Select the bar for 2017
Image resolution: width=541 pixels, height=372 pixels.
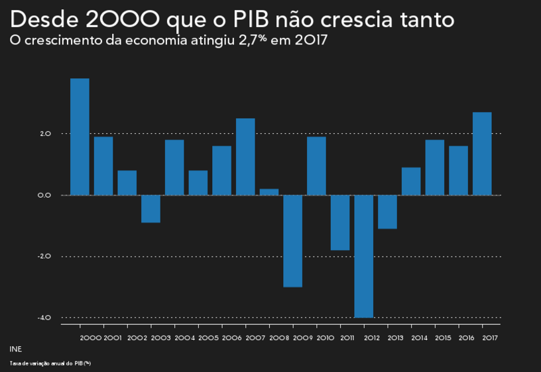[x=482, y=153]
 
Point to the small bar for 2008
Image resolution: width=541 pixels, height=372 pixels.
[x=269, y=192]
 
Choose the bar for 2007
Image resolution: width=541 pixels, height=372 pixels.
[x=245, y=156]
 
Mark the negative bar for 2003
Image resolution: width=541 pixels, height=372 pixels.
[x=150, y=208]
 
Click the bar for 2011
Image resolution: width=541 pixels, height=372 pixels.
[x=340, y=222]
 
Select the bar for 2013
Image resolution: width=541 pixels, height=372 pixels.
[x=387, y=212]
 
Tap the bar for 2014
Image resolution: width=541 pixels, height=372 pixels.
[x=411, y=181]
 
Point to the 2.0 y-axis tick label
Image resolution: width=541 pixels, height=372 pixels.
[x=45, y=134]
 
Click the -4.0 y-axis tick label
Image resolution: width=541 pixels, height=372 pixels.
[x=44, y=318]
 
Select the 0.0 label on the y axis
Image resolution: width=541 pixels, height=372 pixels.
[x=45, y=195]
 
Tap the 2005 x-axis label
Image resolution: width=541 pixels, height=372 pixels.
[x=208, y=338]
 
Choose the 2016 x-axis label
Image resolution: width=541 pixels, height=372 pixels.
[x=467, y=338]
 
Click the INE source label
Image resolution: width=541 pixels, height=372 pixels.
[x=15, y=349]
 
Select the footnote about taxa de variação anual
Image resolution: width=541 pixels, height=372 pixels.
[x=50, y=363]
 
